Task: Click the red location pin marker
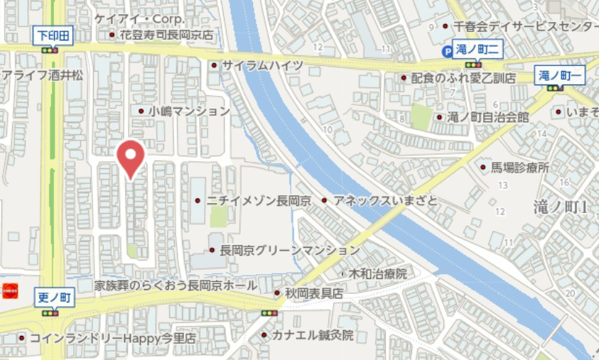coord(130,157)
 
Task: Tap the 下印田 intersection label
coord(53,35)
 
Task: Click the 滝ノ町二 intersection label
coord(480,50)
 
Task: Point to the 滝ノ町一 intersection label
coord(560,75)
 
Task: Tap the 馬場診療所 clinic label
coord(520,168)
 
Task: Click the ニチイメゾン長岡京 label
coord(259,201)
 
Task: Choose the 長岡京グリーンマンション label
coord(289,250)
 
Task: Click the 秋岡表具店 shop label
coord(314,293)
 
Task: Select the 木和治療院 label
coord(377,273)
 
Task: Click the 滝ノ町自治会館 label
coord(488,117)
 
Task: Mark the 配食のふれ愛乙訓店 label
coord(463,78)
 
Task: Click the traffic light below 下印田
coord(50,50)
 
